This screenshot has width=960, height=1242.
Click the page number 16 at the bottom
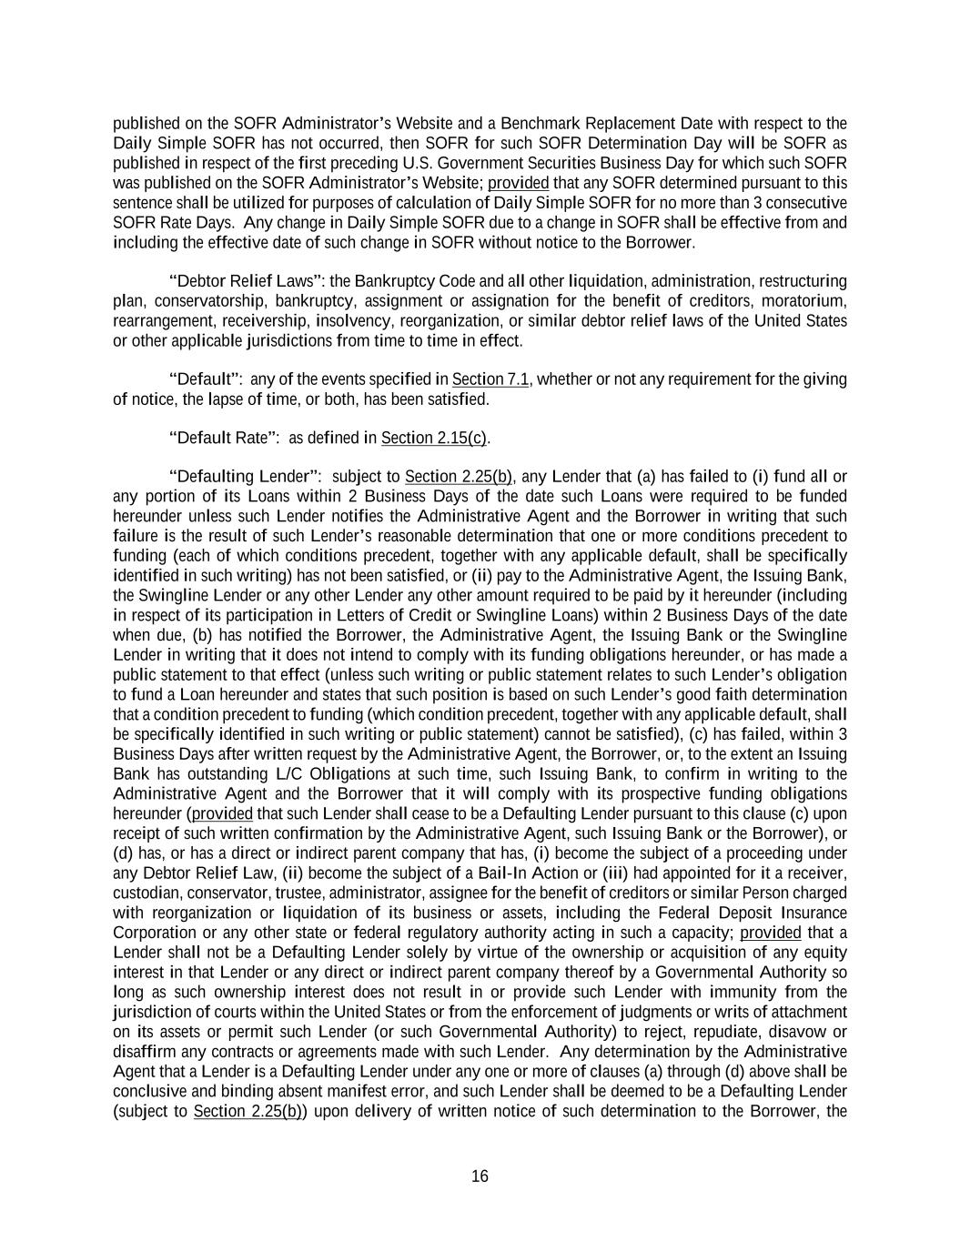[x=480, y=1176]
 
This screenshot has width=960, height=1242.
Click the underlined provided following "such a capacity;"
[x=771, y=934]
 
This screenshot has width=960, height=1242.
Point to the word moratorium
[x=803, y=301]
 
